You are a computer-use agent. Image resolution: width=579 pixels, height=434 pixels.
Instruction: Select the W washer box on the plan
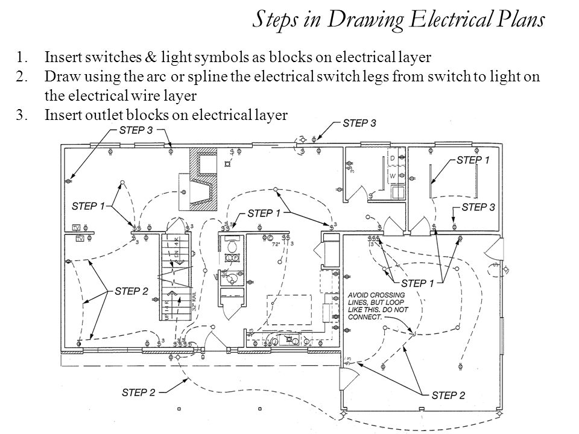393,176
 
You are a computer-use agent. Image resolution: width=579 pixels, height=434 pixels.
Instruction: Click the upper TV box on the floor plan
76,227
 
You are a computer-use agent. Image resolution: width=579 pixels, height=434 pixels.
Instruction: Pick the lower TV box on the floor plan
80,239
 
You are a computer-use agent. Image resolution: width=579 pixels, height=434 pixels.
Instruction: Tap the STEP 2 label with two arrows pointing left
127,291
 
